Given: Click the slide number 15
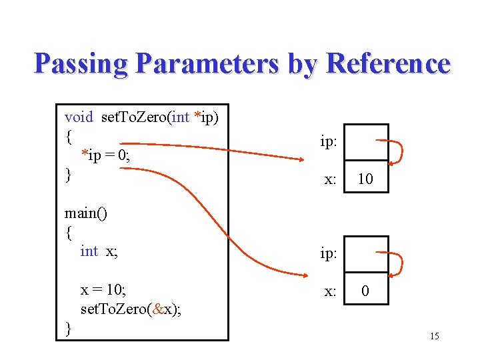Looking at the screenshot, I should coord(434,336).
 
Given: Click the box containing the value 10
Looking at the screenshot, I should coord(366,178).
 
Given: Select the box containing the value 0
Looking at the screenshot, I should coord(366,290).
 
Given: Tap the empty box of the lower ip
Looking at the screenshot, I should coord(366,255).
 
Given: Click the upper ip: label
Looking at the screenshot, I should coord(328,142).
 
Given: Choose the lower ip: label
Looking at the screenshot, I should coord(328,255).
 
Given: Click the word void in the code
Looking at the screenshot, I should coord(79,118).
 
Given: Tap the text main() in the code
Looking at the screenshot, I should coord(87,213).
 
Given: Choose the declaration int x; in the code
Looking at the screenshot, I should coord(99,251).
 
